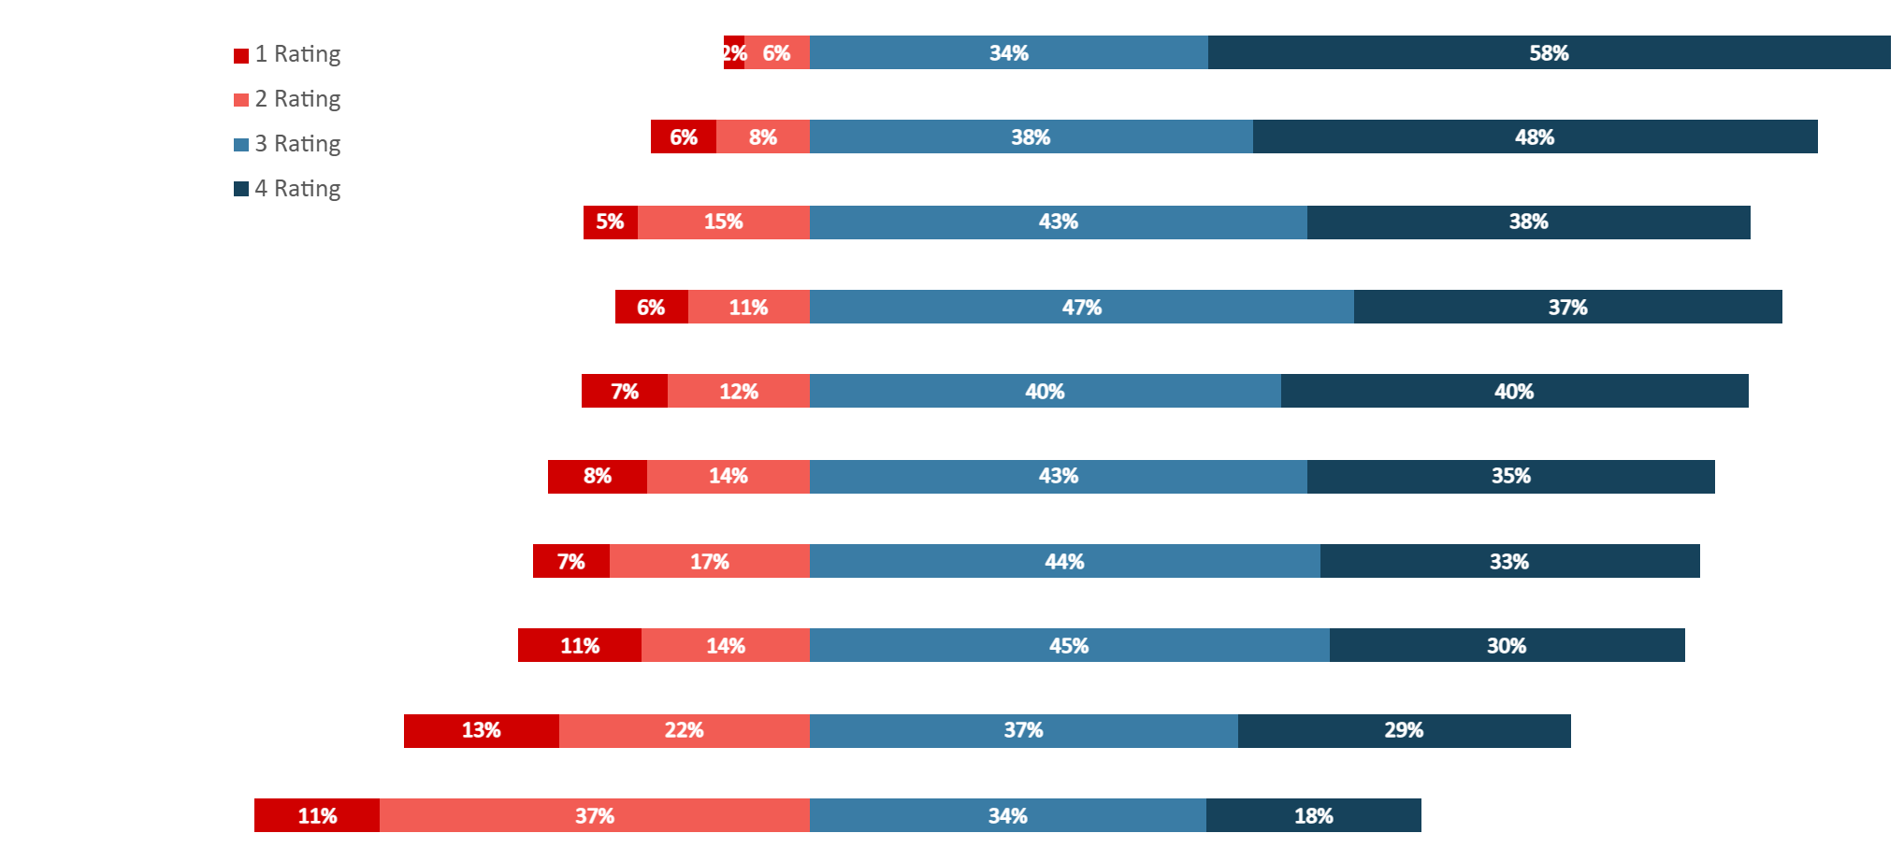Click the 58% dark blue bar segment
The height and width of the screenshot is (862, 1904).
(1549, 52)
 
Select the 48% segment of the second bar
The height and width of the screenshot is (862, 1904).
(1535, 136)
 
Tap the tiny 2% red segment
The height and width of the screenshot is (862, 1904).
(733, 52)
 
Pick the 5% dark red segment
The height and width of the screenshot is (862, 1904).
(610, 223)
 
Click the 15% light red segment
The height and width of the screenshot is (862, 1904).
(723, 223)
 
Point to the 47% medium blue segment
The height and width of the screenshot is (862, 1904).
(1081, 307)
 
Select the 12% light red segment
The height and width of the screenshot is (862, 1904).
(738, 391)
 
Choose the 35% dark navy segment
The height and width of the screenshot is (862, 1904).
(1510, 477)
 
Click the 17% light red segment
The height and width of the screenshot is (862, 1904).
(709, 561)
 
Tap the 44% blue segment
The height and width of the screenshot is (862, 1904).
(1064, 561)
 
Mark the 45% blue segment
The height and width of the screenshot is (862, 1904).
(1068, 645)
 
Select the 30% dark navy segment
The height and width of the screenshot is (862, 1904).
(1506, 645)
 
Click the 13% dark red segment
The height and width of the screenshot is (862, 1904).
(481, 731)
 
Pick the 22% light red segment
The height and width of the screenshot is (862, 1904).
(684, 731)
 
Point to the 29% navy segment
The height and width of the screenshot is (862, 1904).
(1403, 731)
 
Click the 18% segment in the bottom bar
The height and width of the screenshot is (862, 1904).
(1313, 815)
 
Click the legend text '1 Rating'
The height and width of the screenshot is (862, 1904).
(297, 54)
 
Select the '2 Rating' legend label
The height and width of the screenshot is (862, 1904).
(297, 99)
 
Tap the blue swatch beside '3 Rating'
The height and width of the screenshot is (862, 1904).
(241, 144)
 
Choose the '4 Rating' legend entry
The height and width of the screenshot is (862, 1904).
(297, 189)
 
